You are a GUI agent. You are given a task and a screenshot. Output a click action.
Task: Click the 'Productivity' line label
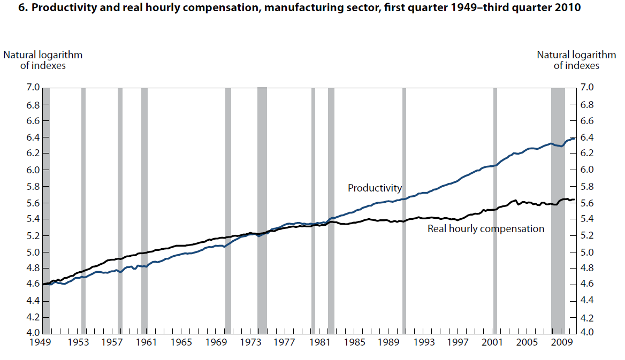point(375,188)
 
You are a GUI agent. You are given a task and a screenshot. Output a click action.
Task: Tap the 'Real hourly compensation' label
point(486,229)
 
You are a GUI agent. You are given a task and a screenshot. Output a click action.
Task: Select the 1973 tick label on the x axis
point(250,343)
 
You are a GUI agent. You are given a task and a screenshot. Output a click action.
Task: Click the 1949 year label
point(43,343)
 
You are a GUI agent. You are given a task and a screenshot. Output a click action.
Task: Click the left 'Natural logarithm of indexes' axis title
point(43,60)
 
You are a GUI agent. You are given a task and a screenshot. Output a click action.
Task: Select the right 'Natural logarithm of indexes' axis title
point(576,60)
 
